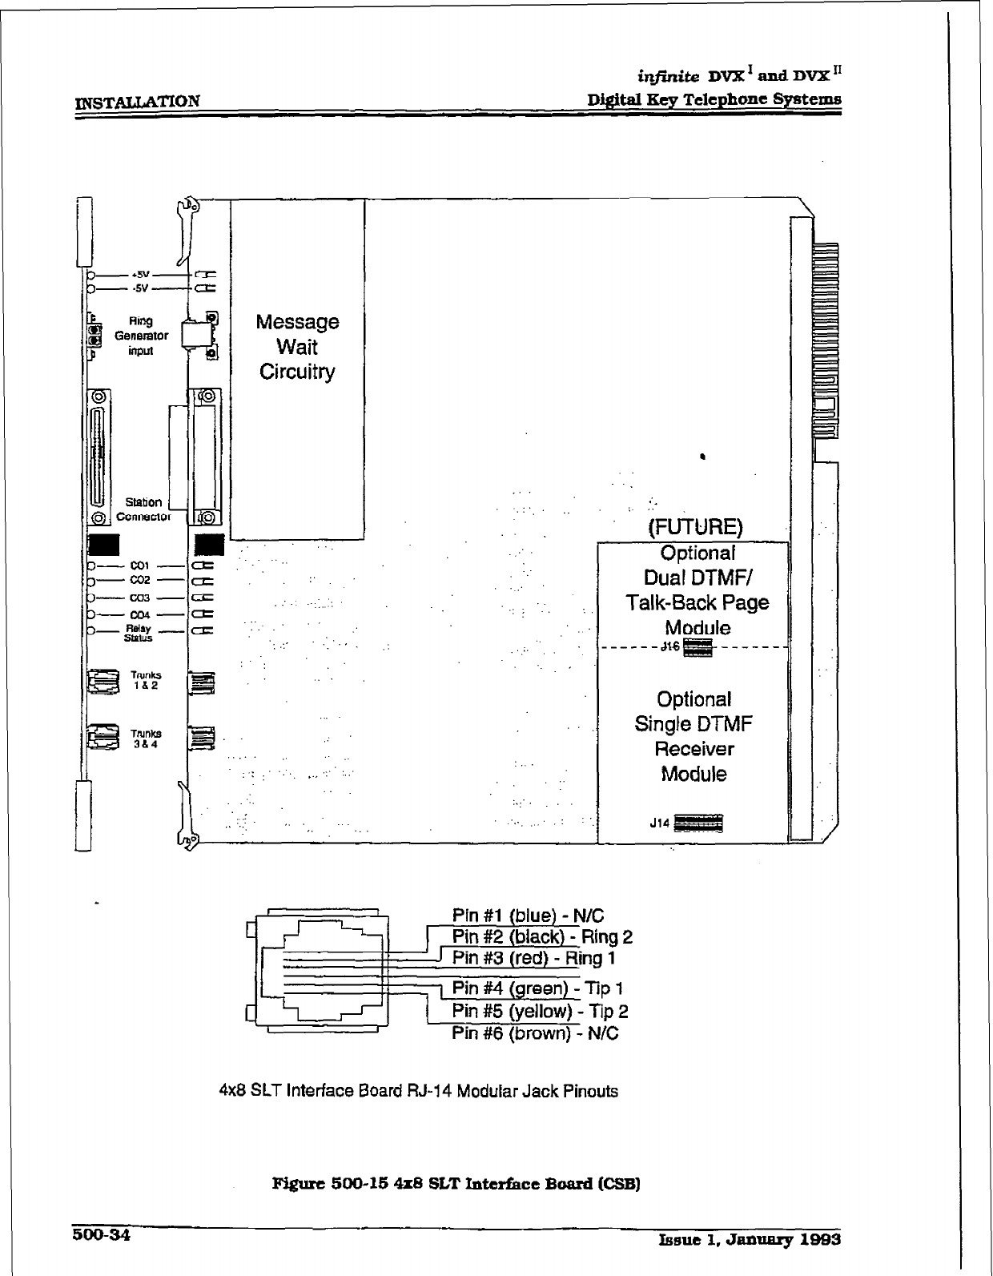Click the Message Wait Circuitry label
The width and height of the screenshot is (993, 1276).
(x=297, y=347)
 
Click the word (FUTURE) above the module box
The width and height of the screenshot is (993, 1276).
(x=695, y=528)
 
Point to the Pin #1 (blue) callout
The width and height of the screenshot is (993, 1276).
(x=528, y=916)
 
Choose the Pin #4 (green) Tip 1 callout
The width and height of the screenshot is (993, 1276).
(x=537, y=988)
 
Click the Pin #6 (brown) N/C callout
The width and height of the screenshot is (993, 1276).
(x=535, y=1033)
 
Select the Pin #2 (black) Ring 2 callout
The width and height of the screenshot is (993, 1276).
(x=542, y=936)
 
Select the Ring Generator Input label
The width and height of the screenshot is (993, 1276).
(x=141, y=336)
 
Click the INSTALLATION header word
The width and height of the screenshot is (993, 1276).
(x=137, y=101)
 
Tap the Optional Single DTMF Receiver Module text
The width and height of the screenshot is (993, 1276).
(x=693, y=737)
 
